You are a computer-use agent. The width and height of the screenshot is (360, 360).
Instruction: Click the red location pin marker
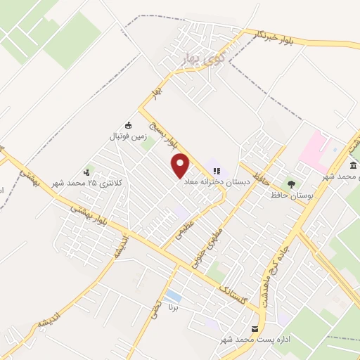click(x=181, y=166)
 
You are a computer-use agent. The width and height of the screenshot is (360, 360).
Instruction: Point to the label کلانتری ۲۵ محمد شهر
click(x=87, y=184)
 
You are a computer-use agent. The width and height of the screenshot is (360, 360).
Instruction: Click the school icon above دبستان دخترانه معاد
click(x=217, y=169)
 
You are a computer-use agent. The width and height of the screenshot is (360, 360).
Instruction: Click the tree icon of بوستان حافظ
click(x=291, y=184)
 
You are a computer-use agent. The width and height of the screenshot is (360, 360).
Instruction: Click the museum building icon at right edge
click(x=352, y=166)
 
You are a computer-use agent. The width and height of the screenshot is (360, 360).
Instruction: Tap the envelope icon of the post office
click(x=255, y=328)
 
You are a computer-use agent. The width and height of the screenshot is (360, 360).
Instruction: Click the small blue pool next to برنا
click(x=173, y=295)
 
